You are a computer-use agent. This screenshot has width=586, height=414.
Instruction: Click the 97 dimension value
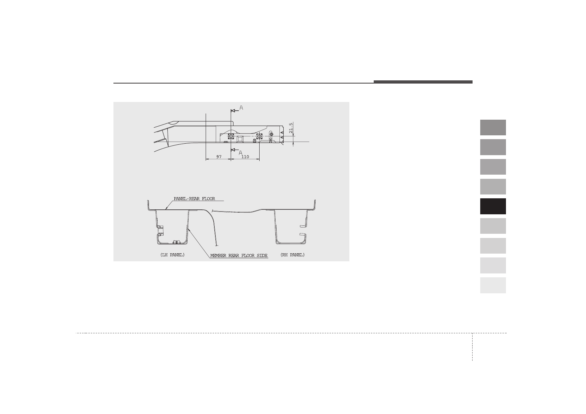[x=219, y=157]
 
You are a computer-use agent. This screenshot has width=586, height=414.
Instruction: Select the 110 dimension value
[x=245, y=157]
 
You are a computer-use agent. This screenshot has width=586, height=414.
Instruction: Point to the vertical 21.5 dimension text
[x=291, y=128]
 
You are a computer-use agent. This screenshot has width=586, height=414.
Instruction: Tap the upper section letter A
[x=241, y=108]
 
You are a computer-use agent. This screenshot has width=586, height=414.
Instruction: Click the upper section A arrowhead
[x=233, y=111]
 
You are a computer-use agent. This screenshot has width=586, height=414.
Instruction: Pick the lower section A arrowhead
[x=233, y=150]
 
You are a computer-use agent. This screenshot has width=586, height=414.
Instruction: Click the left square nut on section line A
[x=231, y=136]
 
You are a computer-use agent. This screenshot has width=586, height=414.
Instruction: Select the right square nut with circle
[x=259, y=136]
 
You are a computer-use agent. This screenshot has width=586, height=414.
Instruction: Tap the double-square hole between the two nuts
[x=240, y=139]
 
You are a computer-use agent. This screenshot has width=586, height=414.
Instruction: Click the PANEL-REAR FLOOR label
[x=195, y=199]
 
